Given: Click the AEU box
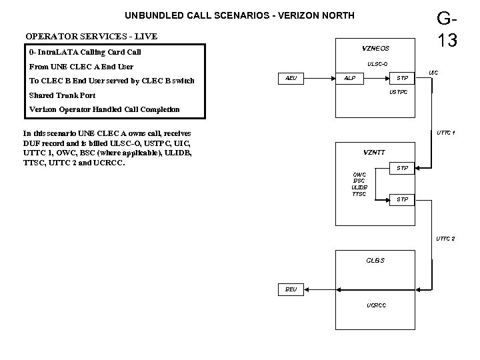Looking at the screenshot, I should pyautogui.click(x=291, y=78).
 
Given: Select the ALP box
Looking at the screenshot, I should pyautogui.click(x=349, y=78).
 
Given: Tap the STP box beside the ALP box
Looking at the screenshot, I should pyautogui.click(x=403, y=78).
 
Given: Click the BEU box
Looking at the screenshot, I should pyautogui.click(x=291, y=289).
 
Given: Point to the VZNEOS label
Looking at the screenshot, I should pyautogui.click(x=375, y=48).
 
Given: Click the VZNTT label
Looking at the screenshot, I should pyautogui.click(x=374, y=153).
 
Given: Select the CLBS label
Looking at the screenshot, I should pyautogui.click(x=375, y=259).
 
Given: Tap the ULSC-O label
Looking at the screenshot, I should pyautogui.click(x=377, y=64).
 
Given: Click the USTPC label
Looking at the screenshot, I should pyautogui.click(x=398, y=92).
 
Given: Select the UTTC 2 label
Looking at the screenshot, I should pyautogui.click(x=445, y=238).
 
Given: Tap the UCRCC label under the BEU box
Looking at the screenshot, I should pyautogui.click(x=376, y=305).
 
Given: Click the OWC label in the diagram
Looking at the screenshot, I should pyautogui.click(x=359, y=175).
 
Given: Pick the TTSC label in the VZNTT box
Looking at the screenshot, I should pyautogui.click(x=359, y=194).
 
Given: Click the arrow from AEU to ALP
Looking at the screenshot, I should pyautogui.click(x=319, y=78).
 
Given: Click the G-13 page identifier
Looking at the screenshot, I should pyautogui.click(x=447, y=29).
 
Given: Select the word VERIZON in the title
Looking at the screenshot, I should pyautogui.click(x=292, y=15).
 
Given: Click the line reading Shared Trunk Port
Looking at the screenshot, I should pyautogui.click(x=62, y=95).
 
